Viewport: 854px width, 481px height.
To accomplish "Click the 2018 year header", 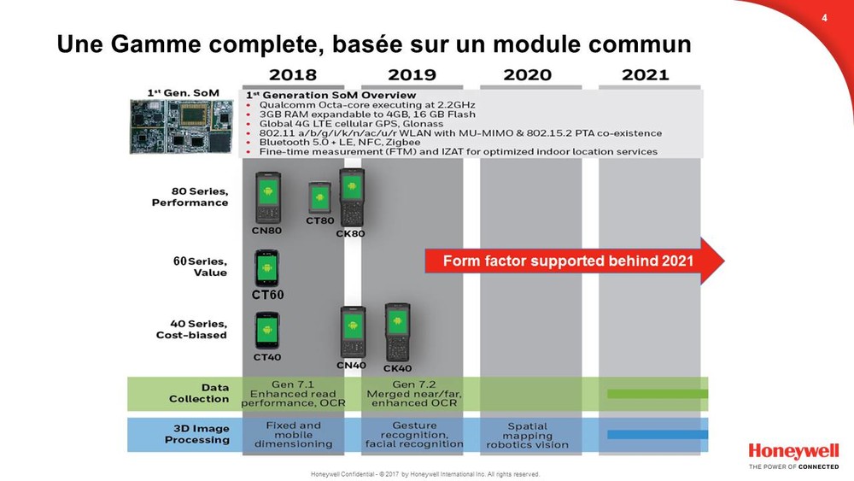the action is pos(292,74).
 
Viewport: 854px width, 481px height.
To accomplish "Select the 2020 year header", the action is pos(527,74).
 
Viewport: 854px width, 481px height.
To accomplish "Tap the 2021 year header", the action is pos(646,74).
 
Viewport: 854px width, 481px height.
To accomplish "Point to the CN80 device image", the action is pos(268,197).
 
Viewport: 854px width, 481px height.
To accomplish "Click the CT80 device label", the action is pos(319,220).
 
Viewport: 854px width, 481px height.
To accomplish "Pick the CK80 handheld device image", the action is pos(352,197).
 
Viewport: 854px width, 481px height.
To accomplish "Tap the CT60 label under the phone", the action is pos(267,295).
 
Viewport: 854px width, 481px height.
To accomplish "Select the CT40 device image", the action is pos(266,331).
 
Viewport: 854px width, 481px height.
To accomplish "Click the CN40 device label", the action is pos(351,365).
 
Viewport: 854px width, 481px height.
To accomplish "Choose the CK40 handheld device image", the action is pos(398,332).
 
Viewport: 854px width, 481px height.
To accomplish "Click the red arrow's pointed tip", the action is pos(724,261).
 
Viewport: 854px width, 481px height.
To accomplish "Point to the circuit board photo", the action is pos(181,126).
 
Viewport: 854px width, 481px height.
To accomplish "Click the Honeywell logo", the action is pos(793,452).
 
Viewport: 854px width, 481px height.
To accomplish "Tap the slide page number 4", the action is pos(824,18).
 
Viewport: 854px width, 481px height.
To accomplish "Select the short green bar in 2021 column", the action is pos(658,393).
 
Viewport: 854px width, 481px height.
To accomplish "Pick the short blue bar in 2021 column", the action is pos(658,435).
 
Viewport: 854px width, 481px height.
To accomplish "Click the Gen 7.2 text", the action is pos(414,384).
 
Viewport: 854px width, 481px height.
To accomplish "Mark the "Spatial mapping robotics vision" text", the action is pos(527,435).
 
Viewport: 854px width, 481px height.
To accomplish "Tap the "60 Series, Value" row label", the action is pos(200,267).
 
